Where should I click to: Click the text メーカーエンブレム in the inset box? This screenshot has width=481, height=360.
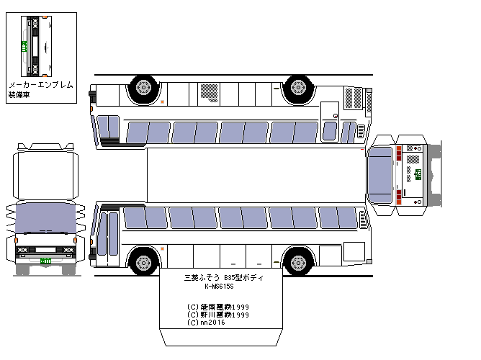point(40,85)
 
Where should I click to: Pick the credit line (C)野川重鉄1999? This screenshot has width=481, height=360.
point(218,315)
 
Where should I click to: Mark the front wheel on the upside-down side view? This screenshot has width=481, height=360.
point(297,88)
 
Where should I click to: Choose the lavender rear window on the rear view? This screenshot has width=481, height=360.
point(380,174)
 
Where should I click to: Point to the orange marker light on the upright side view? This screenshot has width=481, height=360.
point(163,249)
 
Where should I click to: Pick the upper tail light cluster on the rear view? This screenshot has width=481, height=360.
point(397,153)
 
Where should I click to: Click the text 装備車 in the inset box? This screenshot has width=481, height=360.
point(18,94)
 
